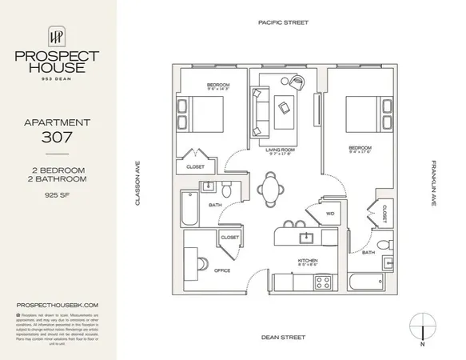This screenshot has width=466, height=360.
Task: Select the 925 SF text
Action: click(x=58, y=194)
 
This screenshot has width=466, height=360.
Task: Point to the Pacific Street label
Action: click(x=283, y=24)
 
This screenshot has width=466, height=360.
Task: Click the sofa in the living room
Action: click(x=259, y=110)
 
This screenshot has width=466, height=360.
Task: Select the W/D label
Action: click(x=329, y=213)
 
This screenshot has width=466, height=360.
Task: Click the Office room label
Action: click(x=222, y=270)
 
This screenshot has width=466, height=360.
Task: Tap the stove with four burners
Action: click(x=324, y=282)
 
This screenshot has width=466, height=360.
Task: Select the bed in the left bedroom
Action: click(x=201, y=114)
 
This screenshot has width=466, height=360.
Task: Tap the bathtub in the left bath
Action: click(x=188, y=208)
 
